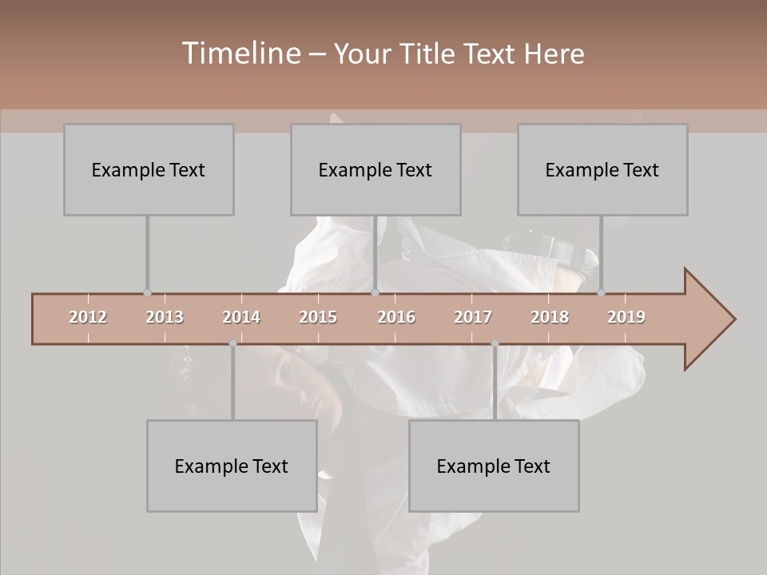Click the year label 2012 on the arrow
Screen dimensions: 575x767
(x=88, y=317)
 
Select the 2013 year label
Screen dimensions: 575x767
(x=165, y=317)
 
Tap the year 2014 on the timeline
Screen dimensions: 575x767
(x=241, y=317)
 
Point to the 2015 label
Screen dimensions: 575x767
(x=318, y=317)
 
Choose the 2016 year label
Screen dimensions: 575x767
(x=396, y=317)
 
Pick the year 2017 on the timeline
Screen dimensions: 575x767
(x=473, y=317)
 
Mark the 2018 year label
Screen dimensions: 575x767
(x=550, y=317)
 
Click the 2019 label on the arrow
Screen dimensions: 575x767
(x=626, y=317)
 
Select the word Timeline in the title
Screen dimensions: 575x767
(x=240, y=54)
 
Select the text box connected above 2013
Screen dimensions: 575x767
(x=149, y=169)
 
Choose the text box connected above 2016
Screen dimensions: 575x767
(x=376, y=169)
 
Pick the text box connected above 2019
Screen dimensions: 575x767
(x=602, y=169)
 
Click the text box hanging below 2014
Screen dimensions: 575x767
(x=232, y=466)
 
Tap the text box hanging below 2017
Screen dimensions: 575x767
(x=494, y=466)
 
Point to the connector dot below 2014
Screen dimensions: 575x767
(x=232, y=343)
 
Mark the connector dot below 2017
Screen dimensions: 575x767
(x=495, y=343)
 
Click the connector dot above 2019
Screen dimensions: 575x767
(x=601, y=292)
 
